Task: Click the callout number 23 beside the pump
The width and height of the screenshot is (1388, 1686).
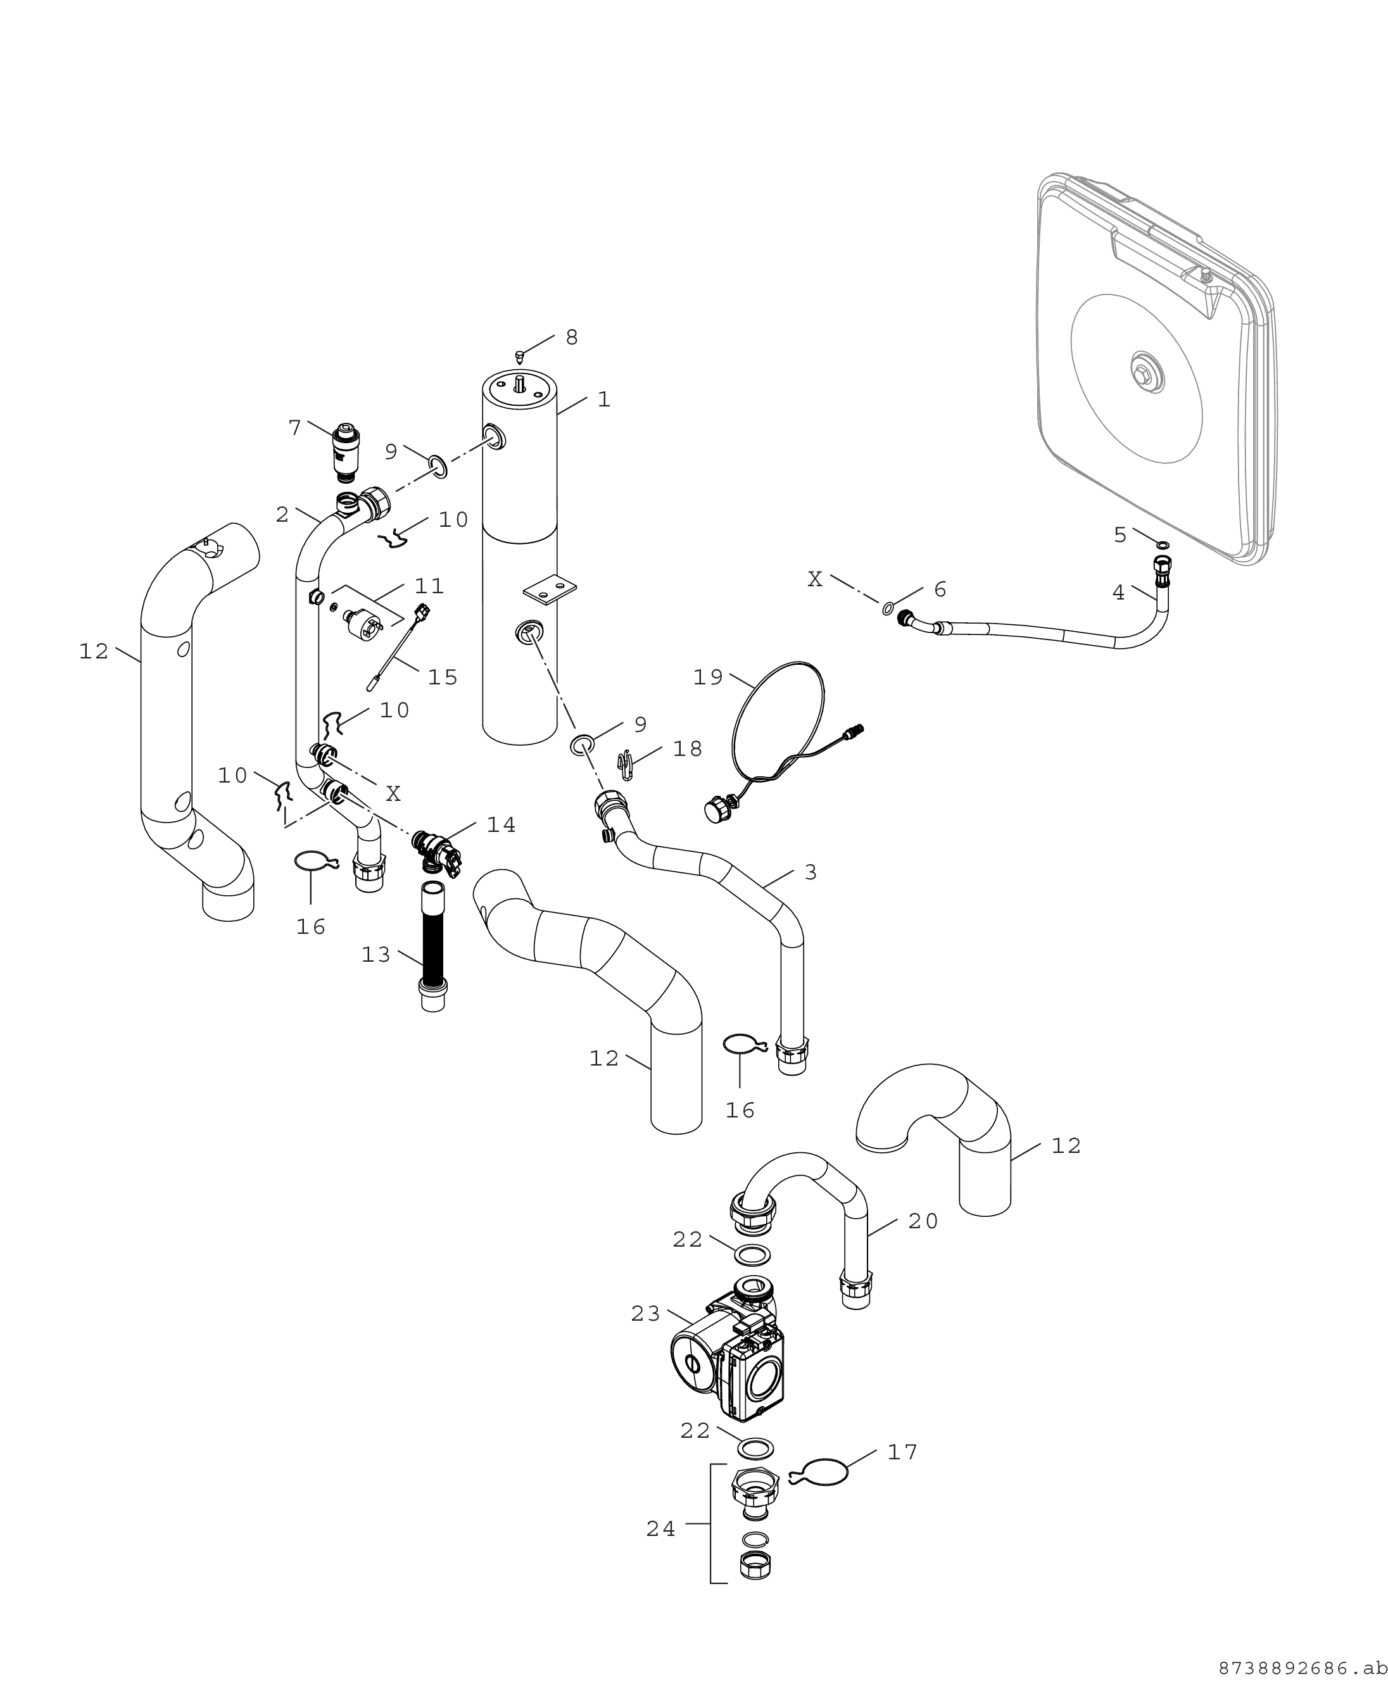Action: [645, 1314]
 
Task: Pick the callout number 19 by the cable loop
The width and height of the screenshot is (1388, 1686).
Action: [707, 677]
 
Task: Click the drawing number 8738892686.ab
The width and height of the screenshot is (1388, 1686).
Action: [1303, 1668]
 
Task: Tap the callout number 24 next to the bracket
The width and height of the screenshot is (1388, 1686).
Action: [660, 1528]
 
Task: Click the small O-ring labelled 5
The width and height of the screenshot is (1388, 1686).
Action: [1163, 545]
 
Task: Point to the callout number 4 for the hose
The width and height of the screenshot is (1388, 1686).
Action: [1118, 593]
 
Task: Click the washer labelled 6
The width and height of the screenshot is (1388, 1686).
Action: [888, 609]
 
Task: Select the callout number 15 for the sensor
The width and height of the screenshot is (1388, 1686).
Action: [442, 677]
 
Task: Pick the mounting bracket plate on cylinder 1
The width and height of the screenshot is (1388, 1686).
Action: [548, 589]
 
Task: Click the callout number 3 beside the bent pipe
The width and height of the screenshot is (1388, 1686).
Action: [811, 872]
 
